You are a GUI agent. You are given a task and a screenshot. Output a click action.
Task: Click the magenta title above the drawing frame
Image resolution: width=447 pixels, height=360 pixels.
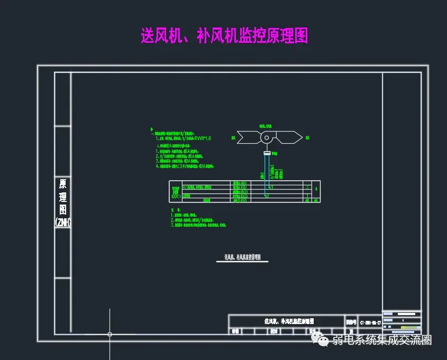tap(224, 35)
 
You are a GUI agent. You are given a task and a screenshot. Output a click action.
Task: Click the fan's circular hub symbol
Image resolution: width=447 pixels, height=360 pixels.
tap(267, 137)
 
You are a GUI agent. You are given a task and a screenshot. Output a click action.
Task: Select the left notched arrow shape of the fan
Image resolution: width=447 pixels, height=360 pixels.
tap(247, 137)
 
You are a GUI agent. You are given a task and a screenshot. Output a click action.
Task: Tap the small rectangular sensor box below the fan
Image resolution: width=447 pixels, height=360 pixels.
tap(267, 153)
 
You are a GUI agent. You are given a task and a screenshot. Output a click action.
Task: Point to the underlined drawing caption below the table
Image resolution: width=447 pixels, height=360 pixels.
tap(242, 257)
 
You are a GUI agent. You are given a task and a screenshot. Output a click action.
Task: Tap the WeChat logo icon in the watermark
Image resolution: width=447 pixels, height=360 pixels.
tap(319, 339)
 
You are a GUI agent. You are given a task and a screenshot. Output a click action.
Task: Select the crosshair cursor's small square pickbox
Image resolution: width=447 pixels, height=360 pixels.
tap(110, 334)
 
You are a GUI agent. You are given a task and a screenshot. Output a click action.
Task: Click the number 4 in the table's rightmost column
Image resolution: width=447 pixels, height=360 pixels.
tap(316, 189)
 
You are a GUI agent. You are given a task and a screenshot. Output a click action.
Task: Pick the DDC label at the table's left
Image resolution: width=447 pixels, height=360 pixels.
tap(176, 196)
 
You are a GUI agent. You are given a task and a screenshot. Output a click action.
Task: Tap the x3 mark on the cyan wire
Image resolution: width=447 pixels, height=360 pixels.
tap(270, 187)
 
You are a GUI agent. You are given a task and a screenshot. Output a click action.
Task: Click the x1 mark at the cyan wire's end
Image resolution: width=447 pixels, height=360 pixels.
tap(267, 196)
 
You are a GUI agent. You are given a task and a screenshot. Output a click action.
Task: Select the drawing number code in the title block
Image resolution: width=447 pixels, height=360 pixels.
tap(370, 321)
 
